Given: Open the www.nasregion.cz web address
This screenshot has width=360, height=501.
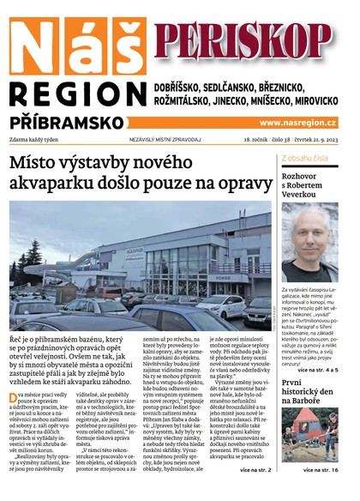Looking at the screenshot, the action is click(297, 123).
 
